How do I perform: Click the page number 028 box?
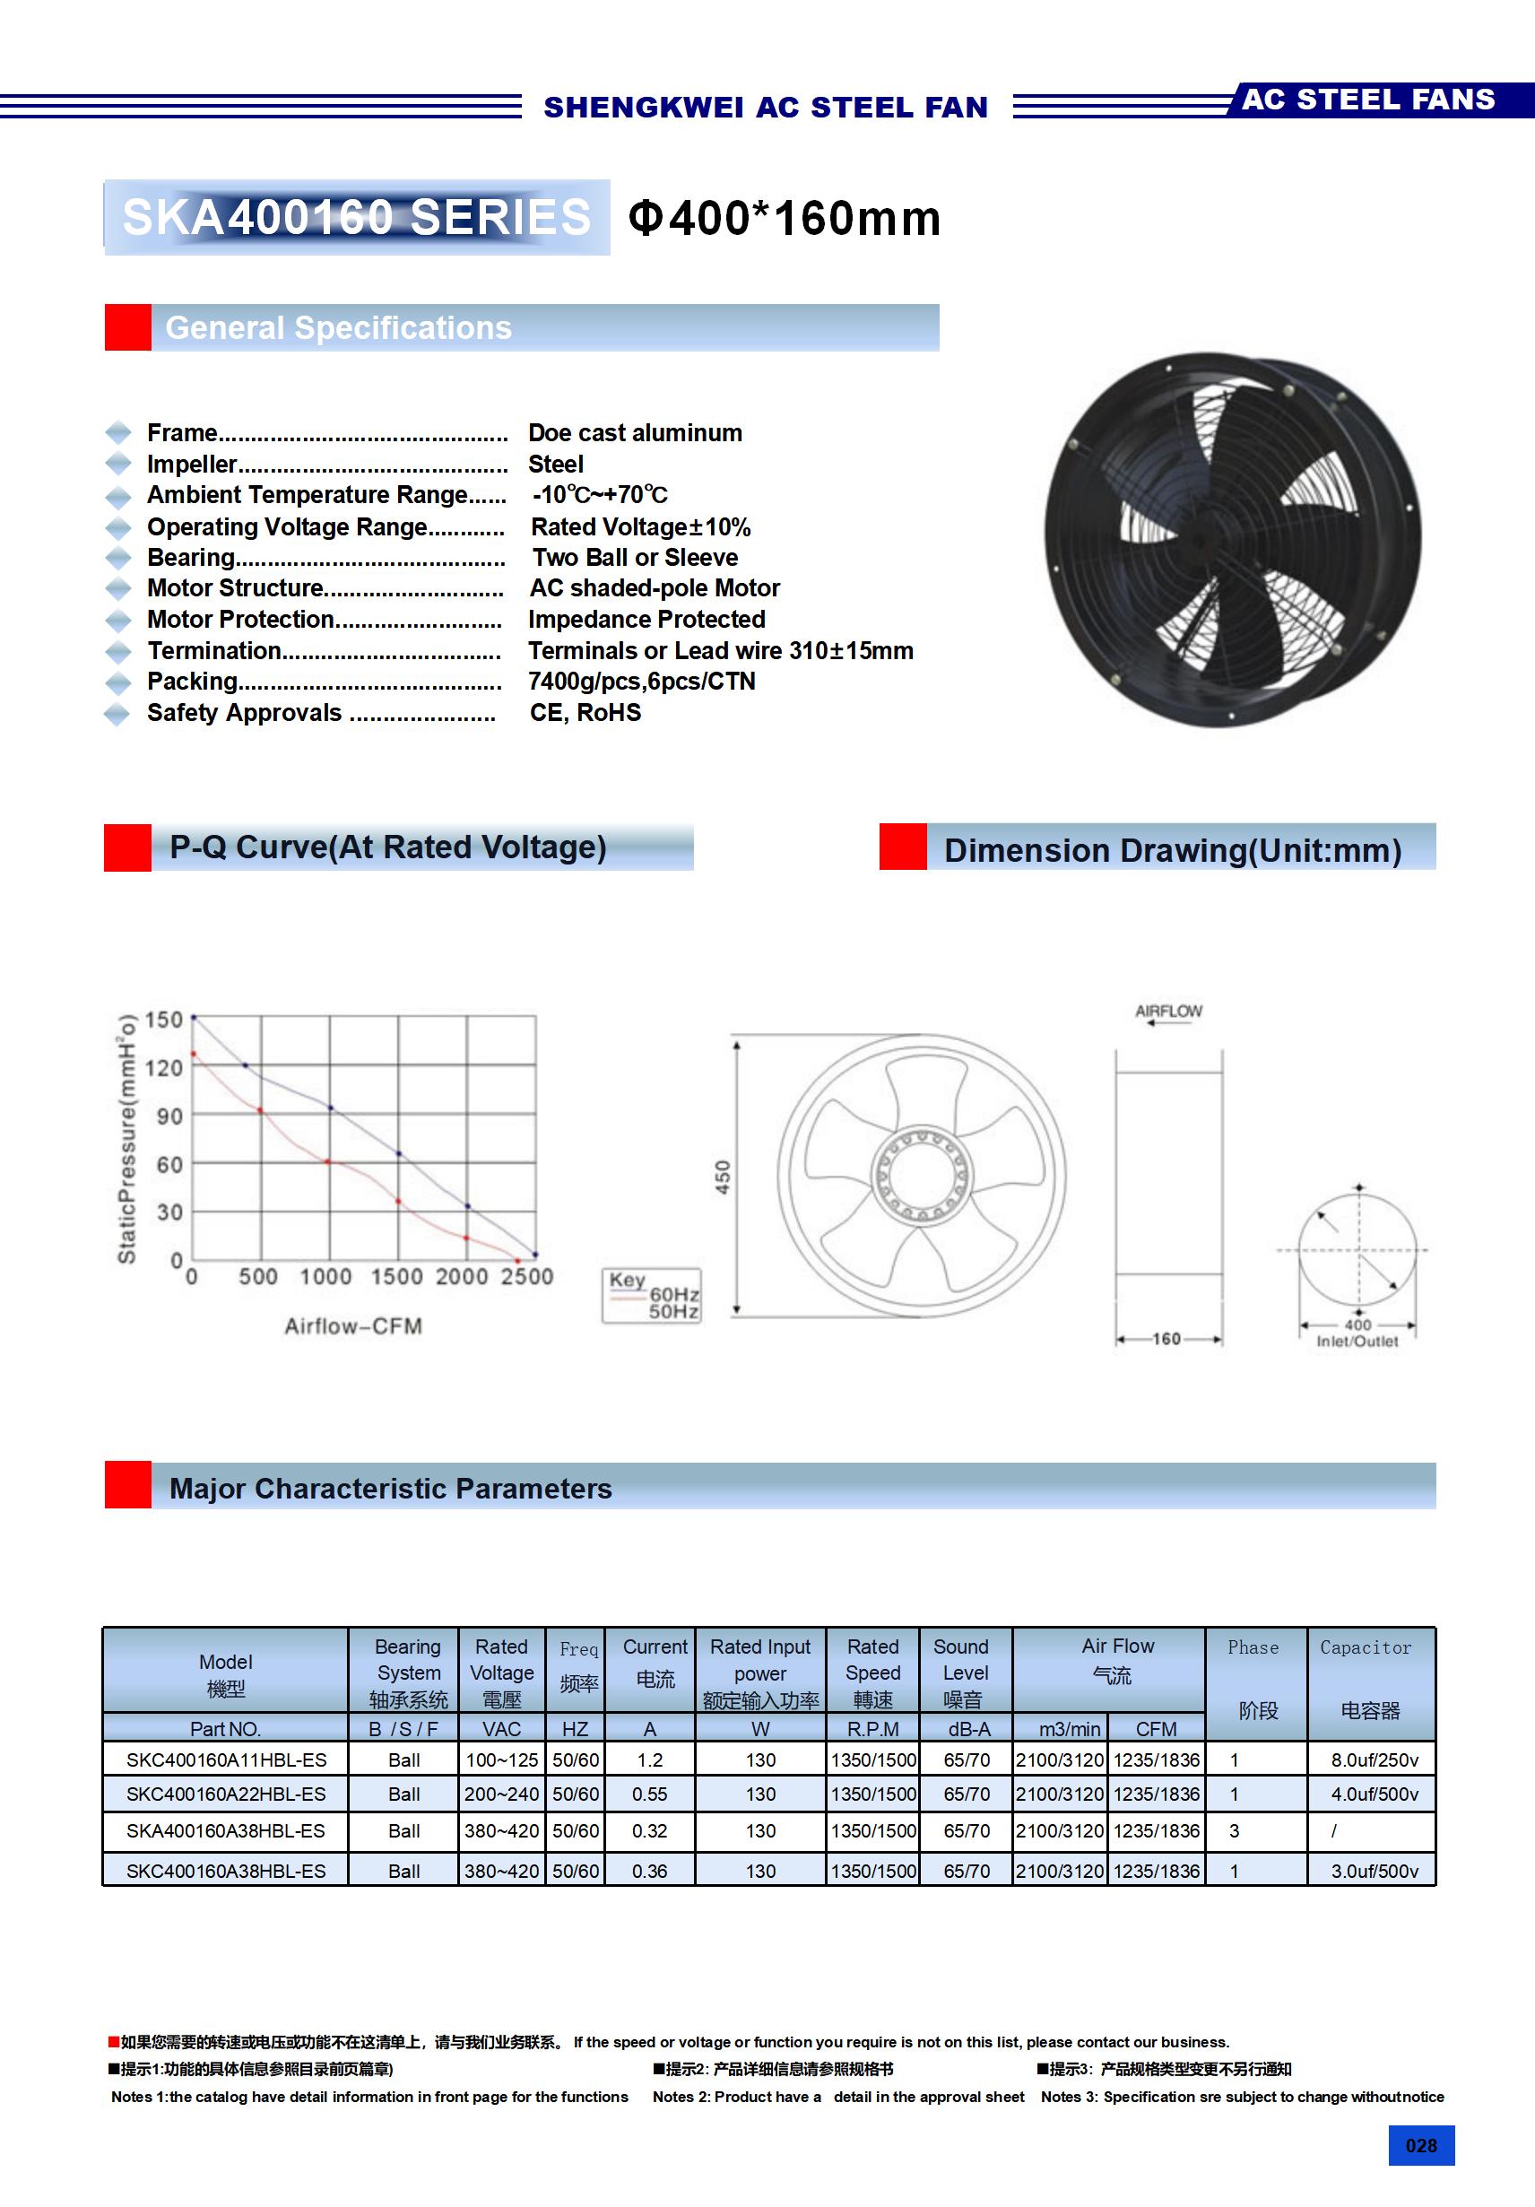(x=1420, y=2145)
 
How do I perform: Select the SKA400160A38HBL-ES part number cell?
(x=226, y=1831)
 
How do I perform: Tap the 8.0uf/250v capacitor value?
(x=1374, y=1760)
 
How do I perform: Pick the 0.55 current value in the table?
(x=650, y=1794)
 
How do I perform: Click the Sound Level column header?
(x=965, y=1673)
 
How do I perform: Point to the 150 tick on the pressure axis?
(x=163, y=1020)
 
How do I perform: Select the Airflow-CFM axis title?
(x=352, y=1326)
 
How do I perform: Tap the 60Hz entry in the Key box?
(x=673, y=1295)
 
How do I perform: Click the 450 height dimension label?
(x=723, y=1177)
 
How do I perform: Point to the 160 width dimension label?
(x=1166, y=1339)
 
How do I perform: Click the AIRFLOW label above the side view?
(x=1167, y=1012)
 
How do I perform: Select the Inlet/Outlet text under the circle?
(x=1357, y=1342)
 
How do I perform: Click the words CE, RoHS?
(x=585, y=713)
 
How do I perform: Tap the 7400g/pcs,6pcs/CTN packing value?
(x=641, y=682)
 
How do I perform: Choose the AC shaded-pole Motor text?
(x=655, y=588)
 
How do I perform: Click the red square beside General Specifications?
(x=128, y=328)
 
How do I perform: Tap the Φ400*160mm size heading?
(x=784, y=218)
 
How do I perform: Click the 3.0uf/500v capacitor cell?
(x=1374, y=1872)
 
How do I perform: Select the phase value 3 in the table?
(x=1234, y=1831)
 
